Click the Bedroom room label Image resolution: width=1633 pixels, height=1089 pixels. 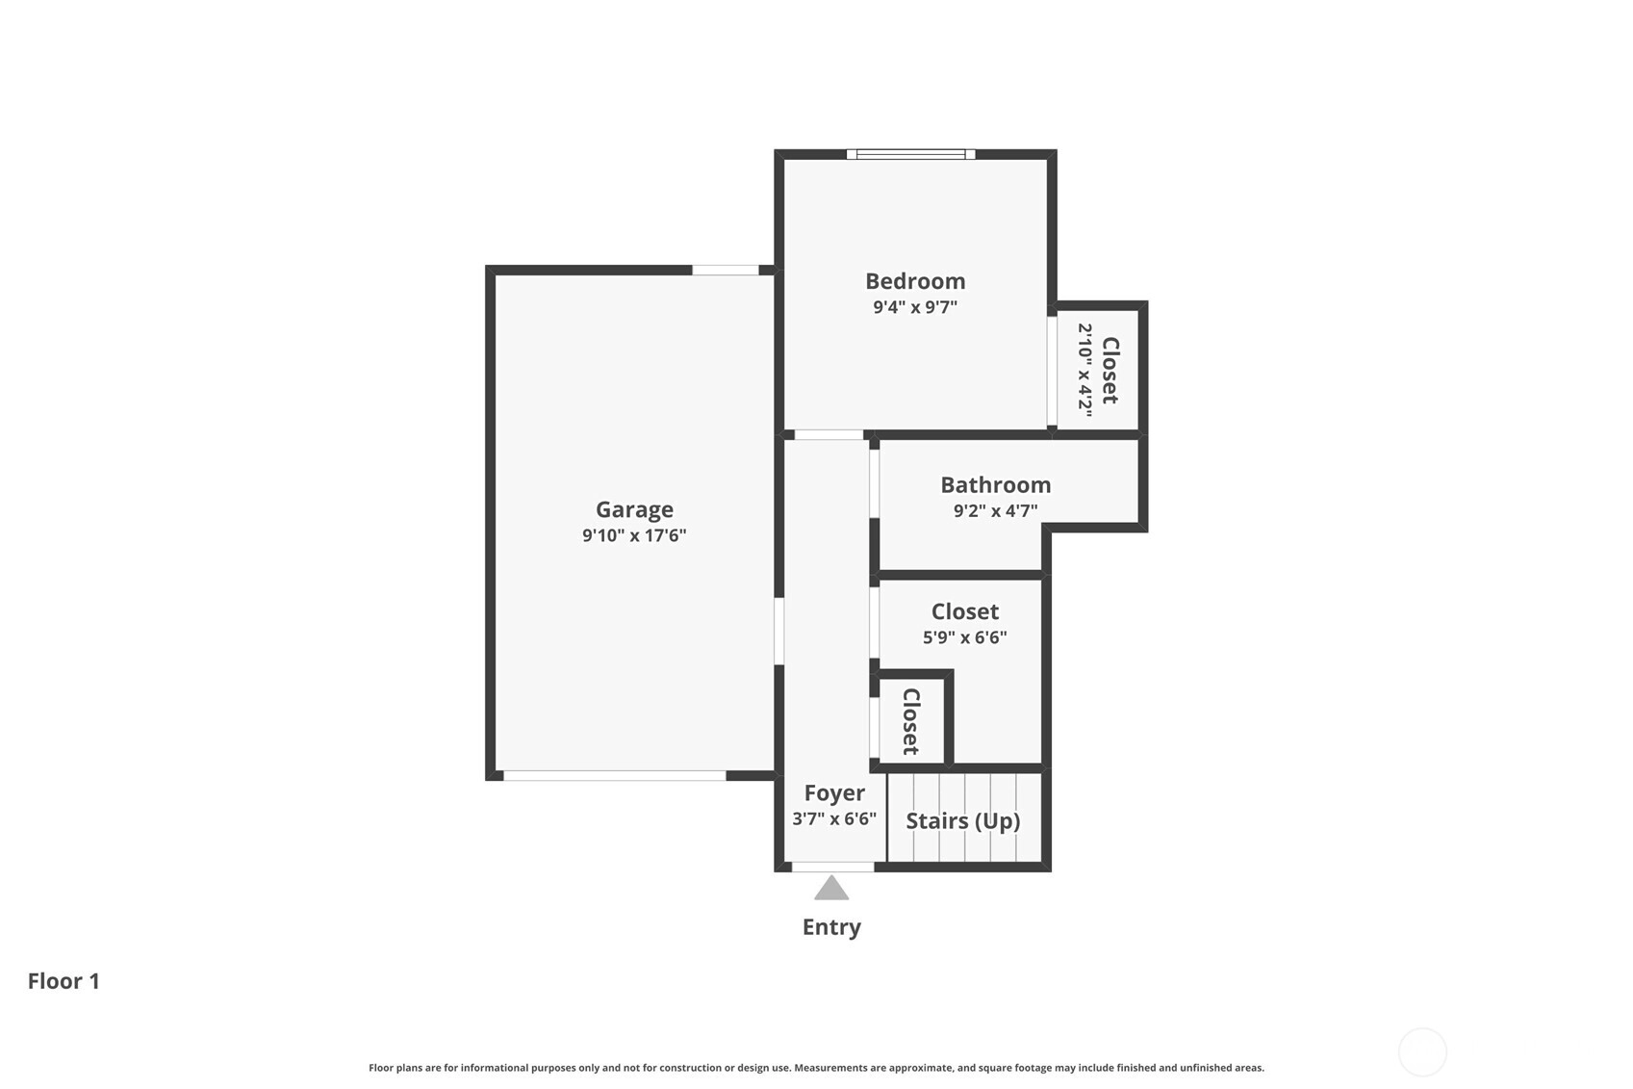(915, 281)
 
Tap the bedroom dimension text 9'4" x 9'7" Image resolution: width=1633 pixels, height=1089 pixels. (915, 307)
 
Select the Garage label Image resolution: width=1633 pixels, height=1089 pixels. (634, 510)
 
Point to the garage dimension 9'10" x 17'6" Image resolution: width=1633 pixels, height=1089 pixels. (634, 536)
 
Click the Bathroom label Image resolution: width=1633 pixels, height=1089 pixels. (995, 485)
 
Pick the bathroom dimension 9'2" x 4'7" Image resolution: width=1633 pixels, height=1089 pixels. (995, 510)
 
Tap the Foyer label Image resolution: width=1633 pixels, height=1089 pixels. (834, 792)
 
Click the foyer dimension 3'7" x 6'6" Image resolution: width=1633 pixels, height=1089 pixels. (834, 819)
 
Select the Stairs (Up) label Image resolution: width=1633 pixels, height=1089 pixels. (962, 821)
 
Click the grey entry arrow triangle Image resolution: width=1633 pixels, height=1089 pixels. (831, 889)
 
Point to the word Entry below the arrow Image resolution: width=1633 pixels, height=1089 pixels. (831, 927)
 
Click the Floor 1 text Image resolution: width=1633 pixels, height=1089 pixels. (64, 981)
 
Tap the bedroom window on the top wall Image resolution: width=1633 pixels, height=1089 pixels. (910, 154)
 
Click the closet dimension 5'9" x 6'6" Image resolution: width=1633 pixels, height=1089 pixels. (964, 637)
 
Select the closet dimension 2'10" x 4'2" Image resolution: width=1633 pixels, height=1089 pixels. (1085, 370)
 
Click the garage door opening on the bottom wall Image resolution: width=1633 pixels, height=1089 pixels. (615, 775)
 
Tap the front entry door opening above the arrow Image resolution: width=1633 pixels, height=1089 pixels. (832, 867)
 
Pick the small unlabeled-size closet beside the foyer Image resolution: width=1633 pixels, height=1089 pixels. (911, 721)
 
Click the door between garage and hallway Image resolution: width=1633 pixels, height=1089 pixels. (778, 631)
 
